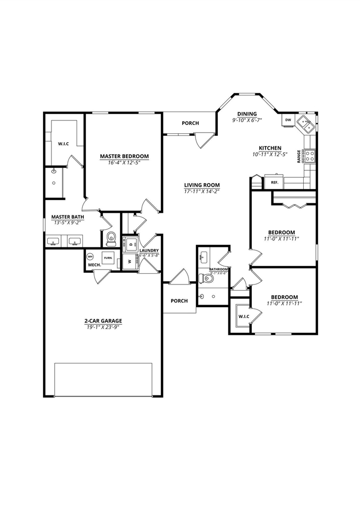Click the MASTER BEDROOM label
[124, 157]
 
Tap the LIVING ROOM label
[202, 185]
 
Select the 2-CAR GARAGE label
[103, 321]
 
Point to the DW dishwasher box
[288, 120]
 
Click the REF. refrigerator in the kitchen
[275, 182]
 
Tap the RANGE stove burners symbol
[310, 156]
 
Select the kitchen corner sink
[306, 124]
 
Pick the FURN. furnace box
[107, 258]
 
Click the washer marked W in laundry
[130, 262]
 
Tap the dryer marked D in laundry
[130, 244]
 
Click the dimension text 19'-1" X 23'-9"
[103, 327]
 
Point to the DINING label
[247, 114]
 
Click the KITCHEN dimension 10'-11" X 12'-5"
[270, 154]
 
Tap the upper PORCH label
[190, 123]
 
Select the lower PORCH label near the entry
[179, 301]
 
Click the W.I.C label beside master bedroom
[64, 144]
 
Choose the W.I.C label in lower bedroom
[244, 317]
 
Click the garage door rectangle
[103, 379]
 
